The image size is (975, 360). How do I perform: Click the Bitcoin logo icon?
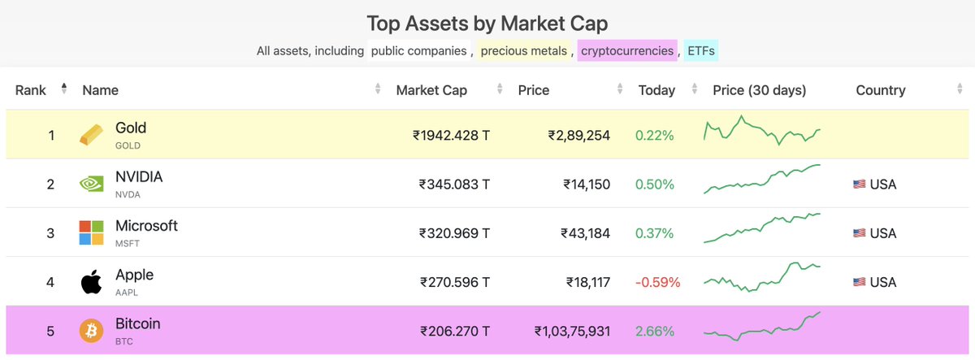coord(91,331)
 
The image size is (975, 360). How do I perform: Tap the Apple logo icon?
coord(91,282)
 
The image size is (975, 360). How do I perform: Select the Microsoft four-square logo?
coord(91,232)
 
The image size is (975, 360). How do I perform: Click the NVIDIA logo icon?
coord(91,184)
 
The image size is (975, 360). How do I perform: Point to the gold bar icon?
coord(91,136)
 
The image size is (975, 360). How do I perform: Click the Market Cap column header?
coord(431,90)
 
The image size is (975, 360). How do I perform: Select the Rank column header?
coord(31,90)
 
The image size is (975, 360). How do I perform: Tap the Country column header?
coord(880,90)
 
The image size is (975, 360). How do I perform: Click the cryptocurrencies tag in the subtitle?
coord(626,51)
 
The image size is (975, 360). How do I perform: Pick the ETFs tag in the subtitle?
coord(701,51)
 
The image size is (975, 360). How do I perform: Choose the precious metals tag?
coord(523,51)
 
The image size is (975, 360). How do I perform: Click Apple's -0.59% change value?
coord(657,283)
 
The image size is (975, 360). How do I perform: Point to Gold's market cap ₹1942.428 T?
coord(451,136)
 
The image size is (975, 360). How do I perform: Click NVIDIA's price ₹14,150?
coord(587,184)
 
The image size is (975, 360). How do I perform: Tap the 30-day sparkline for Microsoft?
coord(762,228)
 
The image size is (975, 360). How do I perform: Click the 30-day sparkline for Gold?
coord(762,131)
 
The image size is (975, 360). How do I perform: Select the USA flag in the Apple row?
coord(859,283)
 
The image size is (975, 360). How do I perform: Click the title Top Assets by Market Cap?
coord(487,23)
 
